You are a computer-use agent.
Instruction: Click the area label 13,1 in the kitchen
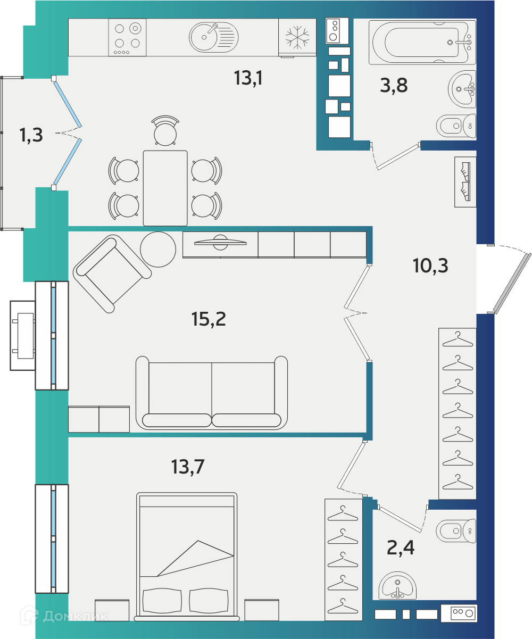248,78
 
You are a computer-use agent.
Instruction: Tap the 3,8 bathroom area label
394,85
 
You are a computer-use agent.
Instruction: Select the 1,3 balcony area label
31,135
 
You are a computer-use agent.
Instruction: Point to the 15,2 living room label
209,319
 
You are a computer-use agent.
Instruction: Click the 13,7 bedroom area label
188,467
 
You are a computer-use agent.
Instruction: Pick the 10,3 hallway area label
430,265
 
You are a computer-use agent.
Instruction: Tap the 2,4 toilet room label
401,547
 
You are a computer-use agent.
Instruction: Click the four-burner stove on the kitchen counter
127,37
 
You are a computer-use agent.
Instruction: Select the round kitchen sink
214,37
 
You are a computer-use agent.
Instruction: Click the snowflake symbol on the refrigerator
297,37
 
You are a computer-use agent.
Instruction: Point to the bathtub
422,42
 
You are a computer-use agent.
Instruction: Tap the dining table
165,188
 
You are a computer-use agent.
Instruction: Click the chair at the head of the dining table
165,131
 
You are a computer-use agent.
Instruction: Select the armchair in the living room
112,274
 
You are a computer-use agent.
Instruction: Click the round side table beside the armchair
158,249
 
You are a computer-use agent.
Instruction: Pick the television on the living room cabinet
220,242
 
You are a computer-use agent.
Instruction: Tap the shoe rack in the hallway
465,182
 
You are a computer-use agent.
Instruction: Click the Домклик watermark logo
64,616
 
